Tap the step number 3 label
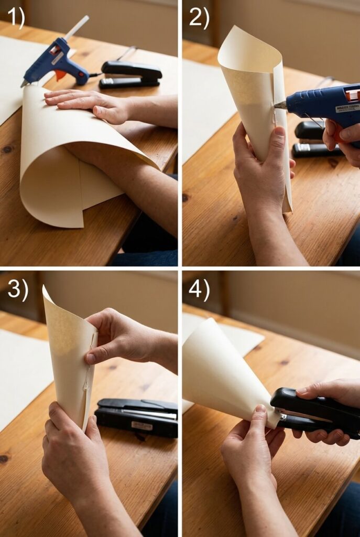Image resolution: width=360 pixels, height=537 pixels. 18,290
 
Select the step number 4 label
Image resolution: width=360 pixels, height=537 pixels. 199,289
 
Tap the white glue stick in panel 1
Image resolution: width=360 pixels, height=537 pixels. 77,27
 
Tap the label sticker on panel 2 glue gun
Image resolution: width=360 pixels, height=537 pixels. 347,108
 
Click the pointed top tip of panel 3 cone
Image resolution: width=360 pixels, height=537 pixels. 45,288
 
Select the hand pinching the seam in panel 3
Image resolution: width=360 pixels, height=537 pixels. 113,336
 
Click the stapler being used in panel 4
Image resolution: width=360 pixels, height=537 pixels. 314,412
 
